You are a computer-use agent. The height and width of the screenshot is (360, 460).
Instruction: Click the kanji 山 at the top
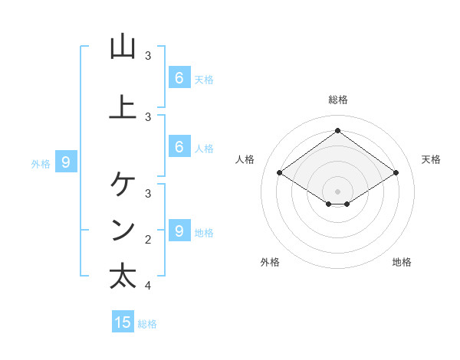123,47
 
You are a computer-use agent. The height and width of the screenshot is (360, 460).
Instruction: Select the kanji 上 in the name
123,107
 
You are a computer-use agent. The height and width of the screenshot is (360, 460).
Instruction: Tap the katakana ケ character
123,184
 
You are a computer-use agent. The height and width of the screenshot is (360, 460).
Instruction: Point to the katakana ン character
123,230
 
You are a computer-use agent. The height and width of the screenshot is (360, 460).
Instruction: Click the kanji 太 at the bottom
123,277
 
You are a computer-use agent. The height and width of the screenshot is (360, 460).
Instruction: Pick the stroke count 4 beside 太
148,286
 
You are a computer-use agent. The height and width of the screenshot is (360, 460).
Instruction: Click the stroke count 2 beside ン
148,240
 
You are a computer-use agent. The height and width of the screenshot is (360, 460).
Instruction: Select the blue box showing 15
123,322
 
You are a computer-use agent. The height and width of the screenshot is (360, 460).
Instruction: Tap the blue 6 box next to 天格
179,77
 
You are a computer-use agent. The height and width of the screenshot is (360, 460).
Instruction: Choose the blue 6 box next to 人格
179,147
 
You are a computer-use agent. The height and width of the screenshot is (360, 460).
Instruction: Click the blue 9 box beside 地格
179,231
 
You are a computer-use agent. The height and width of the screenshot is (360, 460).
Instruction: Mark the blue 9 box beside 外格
66,162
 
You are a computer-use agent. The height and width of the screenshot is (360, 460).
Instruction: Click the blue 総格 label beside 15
147,324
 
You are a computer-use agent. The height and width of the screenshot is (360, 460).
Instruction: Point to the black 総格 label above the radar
337,100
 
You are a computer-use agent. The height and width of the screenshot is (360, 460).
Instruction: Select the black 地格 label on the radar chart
402,262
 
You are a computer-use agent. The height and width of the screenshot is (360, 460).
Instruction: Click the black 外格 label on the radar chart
270,262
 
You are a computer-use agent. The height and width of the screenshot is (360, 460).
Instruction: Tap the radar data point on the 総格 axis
337,130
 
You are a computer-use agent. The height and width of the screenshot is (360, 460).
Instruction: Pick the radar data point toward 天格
396,173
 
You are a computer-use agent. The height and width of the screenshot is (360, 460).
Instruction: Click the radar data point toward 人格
279,173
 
